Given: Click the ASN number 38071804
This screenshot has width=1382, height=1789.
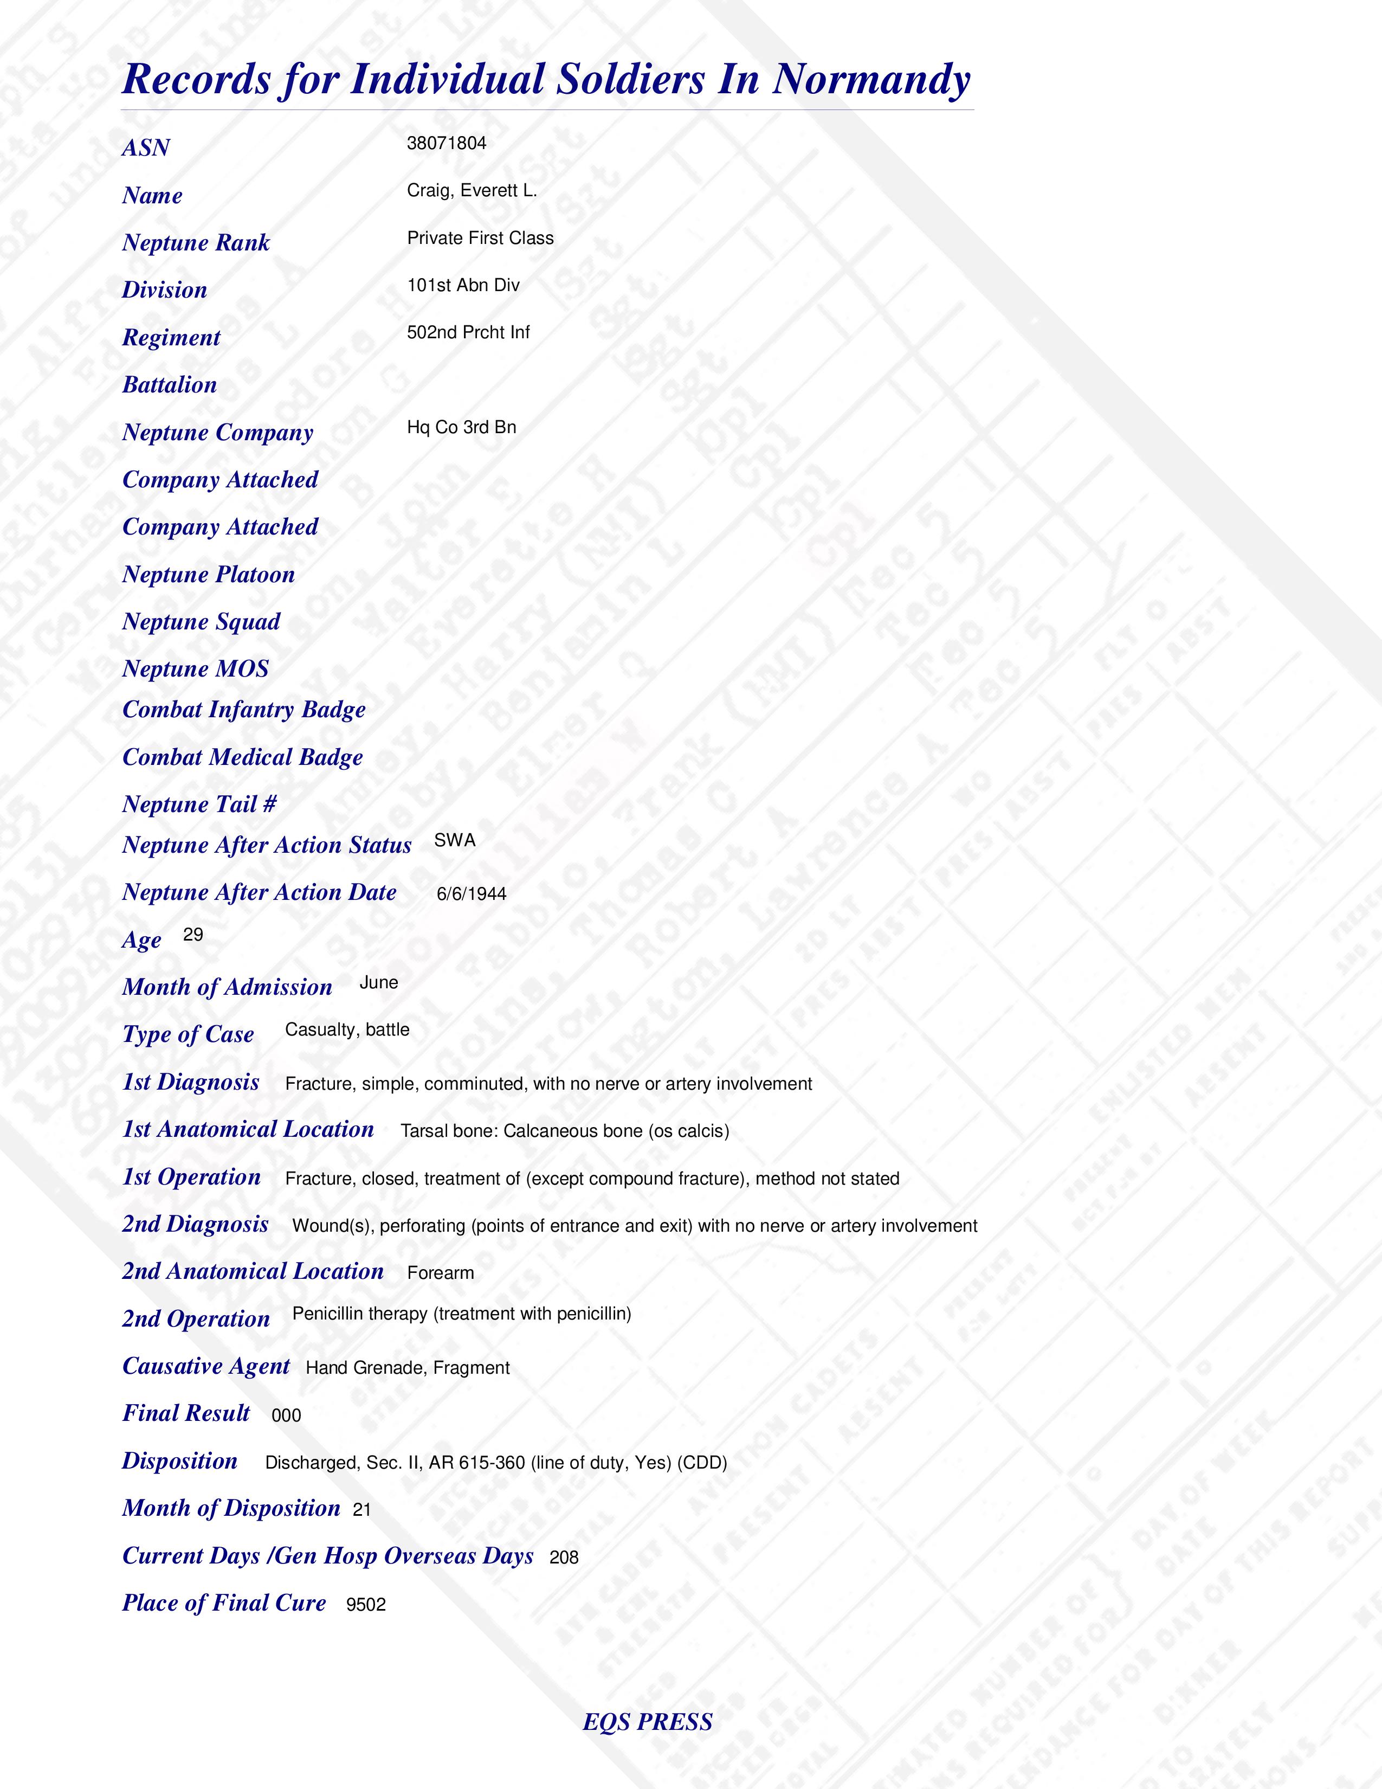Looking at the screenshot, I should point(446,143).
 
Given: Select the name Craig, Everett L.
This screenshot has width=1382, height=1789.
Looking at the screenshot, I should point(472,191).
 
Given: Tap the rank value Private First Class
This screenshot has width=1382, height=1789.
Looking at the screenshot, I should point(480,239).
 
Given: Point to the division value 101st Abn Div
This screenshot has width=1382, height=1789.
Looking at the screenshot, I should point(463,285).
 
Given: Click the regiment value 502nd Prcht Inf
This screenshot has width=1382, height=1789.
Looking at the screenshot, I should point(468,332).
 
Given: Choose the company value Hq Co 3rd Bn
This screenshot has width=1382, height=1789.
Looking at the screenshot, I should point(461,428).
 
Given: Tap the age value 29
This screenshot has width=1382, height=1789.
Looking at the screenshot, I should point(193,935).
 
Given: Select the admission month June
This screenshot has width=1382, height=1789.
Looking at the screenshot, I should point(378,983).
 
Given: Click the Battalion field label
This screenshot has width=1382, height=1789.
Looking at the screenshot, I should point(170,385).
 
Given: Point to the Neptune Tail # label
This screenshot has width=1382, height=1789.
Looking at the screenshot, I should point(199,805).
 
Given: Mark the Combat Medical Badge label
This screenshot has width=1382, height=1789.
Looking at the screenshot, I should point(242,758).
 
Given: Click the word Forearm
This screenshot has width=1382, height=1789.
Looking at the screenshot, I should point(441,1273).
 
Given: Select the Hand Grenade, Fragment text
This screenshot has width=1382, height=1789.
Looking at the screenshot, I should point(408,1368).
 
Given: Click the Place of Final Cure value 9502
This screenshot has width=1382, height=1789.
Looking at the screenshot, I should point(365,1605).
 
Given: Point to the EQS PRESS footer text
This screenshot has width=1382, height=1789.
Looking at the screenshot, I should point(648,1722).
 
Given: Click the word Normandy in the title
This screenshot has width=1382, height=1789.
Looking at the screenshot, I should point(871,80).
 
